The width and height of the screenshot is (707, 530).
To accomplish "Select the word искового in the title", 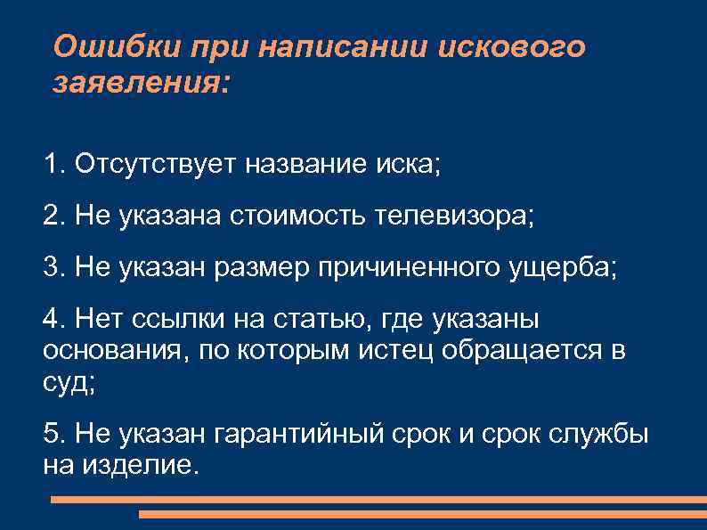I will click(x=513, y=46).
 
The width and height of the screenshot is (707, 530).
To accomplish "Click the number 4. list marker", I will click(x=53, y=320).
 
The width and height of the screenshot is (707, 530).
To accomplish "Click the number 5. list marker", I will click(x=53, y=435).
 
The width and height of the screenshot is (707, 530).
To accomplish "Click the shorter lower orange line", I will click(x=423, y=515).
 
